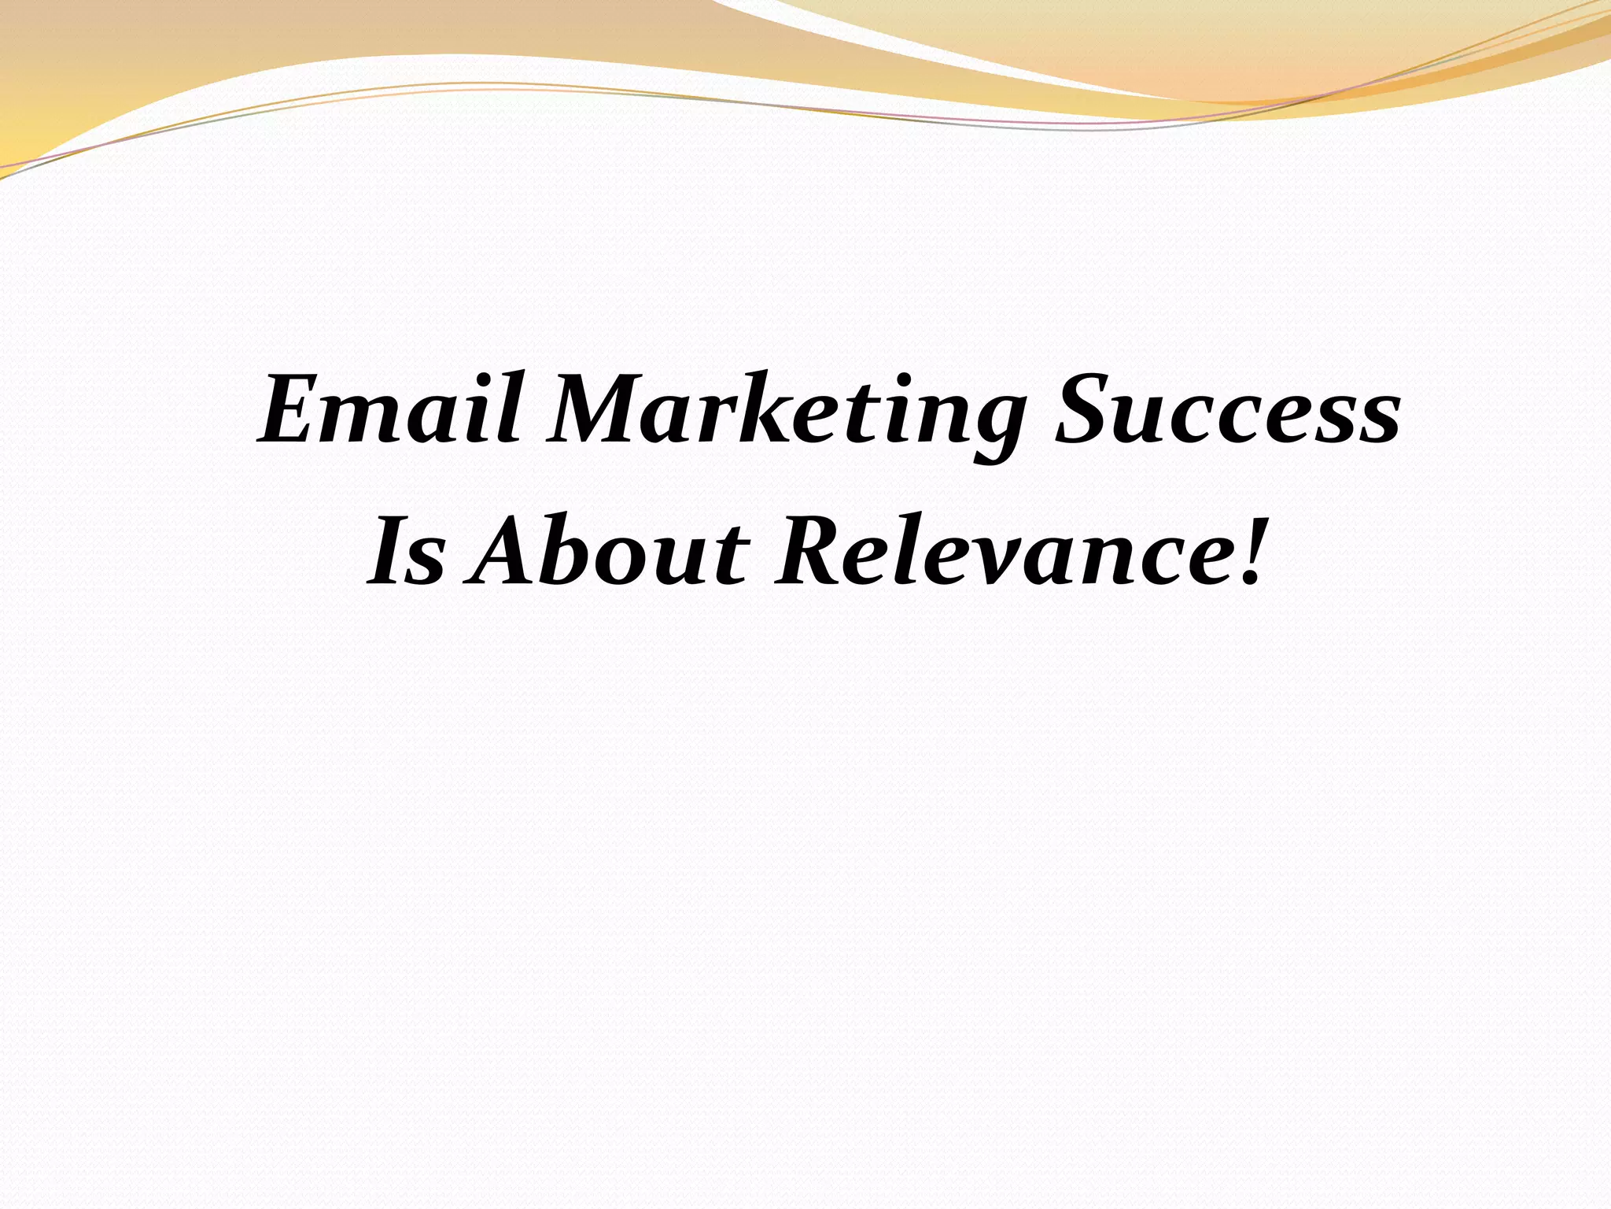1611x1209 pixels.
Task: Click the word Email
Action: click(390, 411)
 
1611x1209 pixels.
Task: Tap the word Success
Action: click(1227, 411)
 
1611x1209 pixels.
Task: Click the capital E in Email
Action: click(292, 411)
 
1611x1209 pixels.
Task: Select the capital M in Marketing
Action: click(606, 411)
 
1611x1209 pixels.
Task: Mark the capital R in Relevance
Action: click(811, 551)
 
